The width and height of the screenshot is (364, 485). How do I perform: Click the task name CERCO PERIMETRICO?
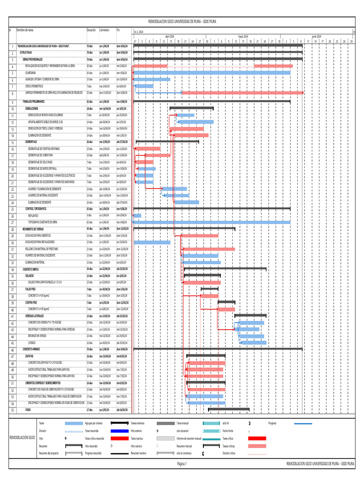[35, 86]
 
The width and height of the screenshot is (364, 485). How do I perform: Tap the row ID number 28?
[12, 229]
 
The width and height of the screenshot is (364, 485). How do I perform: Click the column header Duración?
[91, 30]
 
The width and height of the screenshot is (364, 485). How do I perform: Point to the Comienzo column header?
[104, 30]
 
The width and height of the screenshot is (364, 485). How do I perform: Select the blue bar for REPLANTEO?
[137, 216]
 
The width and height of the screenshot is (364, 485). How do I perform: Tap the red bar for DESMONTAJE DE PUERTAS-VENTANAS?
[147, 149]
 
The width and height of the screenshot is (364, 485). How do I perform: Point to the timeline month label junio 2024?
[316, 36]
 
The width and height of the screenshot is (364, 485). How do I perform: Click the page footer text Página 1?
[182, 464]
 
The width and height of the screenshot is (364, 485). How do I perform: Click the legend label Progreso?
[272, 423]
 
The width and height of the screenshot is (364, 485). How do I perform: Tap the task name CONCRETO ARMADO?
[33, 349]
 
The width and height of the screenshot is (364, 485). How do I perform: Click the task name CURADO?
[32, 342]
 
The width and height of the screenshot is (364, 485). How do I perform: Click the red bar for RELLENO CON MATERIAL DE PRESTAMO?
[209, 249]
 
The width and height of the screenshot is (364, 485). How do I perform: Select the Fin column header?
[118, 30]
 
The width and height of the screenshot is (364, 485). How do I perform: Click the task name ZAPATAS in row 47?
[29, 356]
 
